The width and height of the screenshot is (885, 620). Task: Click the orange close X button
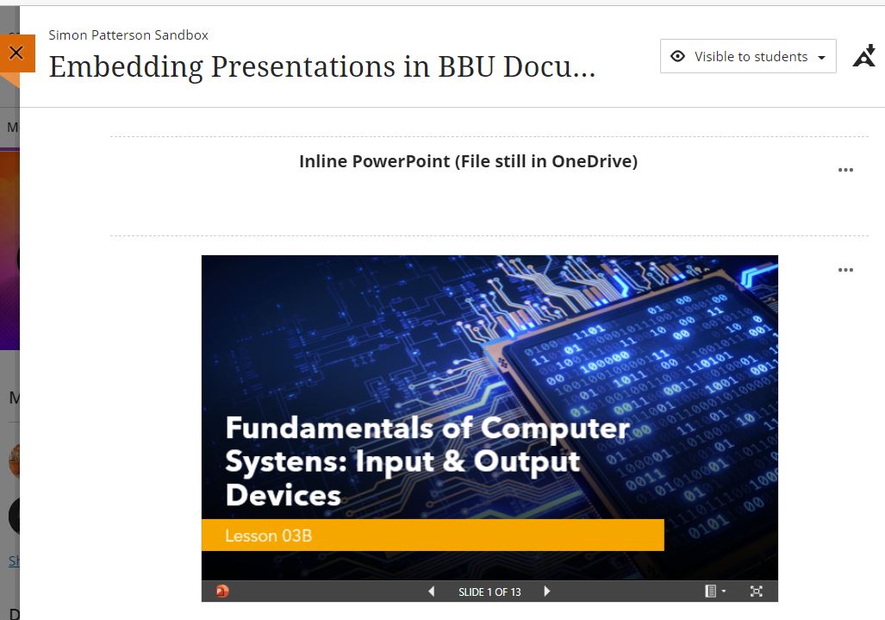pos(16,53)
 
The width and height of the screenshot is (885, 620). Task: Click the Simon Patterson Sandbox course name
pos(128,35)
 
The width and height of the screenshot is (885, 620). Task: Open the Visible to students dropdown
pos(748,56)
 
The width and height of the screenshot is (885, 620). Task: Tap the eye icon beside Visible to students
pos(677,56)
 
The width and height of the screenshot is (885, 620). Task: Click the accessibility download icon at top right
pos(863,56)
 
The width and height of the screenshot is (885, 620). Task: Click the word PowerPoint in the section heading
pos(401,161)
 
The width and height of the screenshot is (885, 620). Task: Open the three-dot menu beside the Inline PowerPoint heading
pos(845,170)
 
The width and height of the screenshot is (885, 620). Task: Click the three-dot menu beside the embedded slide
pos(845,270)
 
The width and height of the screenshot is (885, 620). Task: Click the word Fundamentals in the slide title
pos(330,428)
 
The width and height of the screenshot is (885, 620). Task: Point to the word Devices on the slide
pos(284,495)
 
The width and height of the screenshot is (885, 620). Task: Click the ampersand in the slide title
pos(454,461)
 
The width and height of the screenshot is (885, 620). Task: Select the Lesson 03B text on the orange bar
pos(268,535)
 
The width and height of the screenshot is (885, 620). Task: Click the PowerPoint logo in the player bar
pos(221,592)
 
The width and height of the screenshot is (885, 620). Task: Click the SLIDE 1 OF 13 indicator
pos(489,592)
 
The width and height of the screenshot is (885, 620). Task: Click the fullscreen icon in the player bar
pos(757,592)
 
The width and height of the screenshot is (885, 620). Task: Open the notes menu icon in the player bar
pos(714,592)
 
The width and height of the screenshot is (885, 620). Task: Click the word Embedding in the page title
pos(126,68)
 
